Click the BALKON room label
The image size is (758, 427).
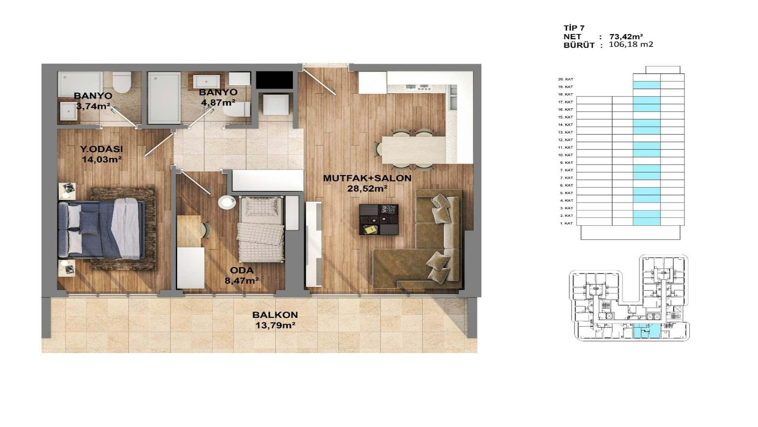pyautogui.click(x=275, y=315)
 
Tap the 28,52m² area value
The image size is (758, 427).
pyautogui.click(x=367, y=189)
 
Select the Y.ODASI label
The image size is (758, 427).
pyautogui.click(x=101, y=149)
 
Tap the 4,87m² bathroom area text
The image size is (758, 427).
pyautogui.click(x=218, y=103)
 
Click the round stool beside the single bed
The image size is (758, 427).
pyautogui.click(x=227, y=202)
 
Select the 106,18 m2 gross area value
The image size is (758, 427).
pyautogui.click(x=631, y=44)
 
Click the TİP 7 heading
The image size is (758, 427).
pyautogui.click(x=574, y=28)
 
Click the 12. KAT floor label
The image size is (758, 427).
pyautogui.click(x=565, y=140)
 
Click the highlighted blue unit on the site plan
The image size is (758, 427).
pyautogui.click(x=646, y=331)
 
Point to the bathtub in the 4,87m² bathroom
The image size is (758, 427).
pyautogui.click(x=165, y=98)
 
